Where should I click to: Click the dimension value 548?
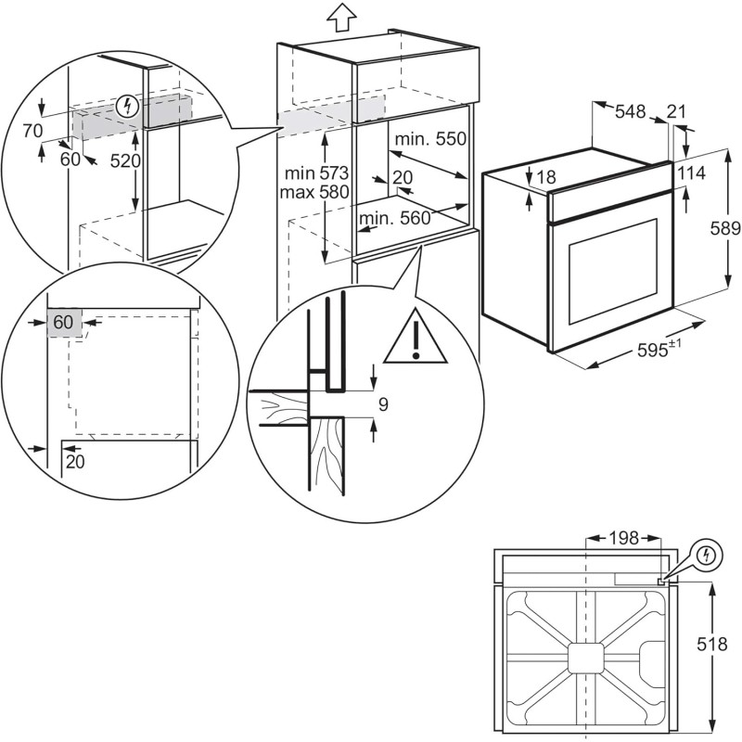pos(631,112)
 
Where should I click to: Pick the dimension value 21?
pos(678,112)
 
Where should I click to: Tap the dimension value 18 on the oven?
pos(545,176)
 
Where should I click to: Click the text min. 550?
pos(429,139)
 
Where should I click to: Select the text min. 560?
pos(396,219)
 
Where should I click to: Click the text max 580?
pos(316,193)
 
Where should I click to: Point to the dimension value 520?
pos(124,161)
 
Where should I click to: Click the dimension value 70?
pos(34,131)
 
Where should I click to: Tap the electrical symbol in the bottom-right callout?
pos(708,555)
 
